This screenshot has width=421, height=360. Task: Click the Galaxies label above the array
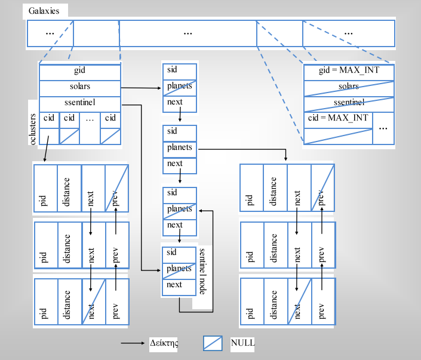pos(45,11)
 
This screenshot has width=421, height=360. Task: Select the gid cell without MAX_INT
pos(79,71)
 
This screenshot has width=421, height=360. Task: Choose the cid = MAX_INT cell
pos(338,118)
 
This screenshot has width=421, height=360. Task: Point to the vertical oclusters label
pos(33,128)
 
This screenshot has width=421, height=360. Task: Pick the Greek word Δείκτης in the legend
pos(164,343)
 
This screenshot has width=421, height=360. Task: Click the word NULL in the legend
pos(243,343)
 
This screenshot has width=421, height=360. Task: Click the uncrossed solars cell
pos(79,87)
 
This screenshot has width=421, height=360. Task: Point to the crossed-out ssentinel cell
pos(349,104)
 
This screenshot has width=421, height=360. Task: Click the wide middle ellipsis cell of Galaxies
pos(188,33)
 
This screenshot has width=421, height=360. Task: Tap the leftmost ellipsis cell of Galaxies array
pos(50,33)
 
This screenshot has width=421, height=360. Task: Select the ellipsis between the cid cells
pos(90,119)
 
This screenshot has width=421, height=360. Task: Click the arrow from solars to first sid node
pos(142,88)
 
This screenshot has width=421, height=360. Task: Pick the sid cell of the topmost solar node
pos(180,70)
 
